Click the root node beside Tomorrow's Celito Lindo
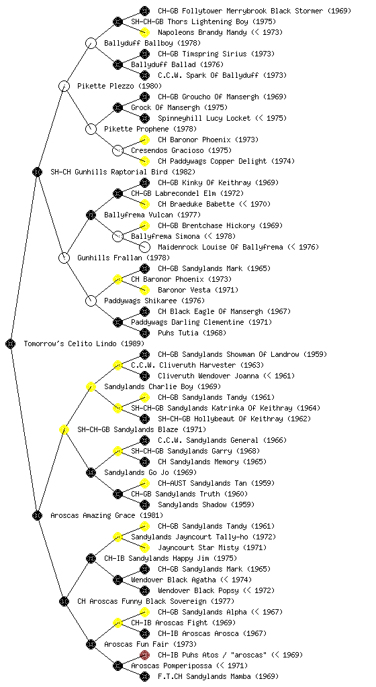point(11,343)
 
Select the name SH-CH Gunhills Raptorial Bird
point(109,172)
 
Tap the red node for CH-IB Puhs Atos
point(144,655)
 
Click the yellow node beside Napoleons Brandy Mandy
point(144,32)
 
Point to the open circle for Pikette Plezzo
point(64,86)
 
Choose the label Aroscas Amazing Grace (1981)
point(107,515)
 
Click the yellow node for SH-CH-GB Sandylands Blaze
point(64,429)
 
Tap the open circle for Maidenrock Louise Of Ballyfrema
point(144,247)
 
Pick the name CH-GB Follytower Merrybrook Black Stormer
point(240,11)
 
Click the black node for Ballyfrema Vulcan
point(91,215)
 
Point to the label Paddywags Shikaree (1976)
point(154,301)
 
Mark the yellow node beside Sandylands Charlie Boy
point(91,386)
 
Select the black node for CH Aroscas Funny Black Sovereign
point(64,601)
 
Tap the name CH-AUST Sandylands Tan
point(202,483)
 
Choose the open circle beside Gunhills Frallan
point(64,258)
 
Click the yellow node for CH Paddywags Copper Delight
point(144,161)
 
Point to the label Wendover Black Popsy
point(198,590)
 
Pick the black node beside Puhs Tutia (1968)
point(144,333)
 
